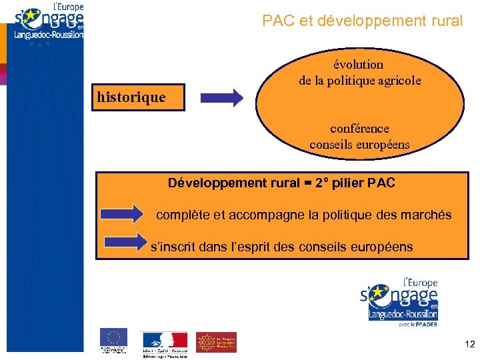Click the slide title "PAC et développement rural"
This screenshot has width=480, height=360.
[x=362, y=21]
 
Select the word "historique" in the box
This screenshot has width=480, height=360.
[x=131, y=97]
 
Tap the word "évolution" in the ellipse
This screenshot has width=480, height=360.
[x=359, y=65]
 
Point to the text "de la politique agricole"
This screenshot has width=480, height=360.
[x=359, y=81]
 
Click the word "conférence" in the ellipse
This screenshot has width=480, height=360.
[x=359, y=128]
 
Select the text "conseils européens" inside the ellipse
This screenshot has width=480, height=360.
[x=359, y=144]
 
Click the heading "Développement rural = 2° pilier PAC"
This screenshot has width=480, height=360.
[x=281, y=183]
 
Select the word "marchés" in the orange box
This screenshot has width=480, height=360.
[x=427, y=215]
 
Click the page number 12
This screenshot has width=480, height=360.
[x=469, y=344]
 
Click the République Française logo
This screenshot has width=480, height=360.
[x=165, y=343]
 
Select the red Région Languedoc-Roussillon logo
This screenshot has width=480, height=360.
[x=216, y=342]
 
